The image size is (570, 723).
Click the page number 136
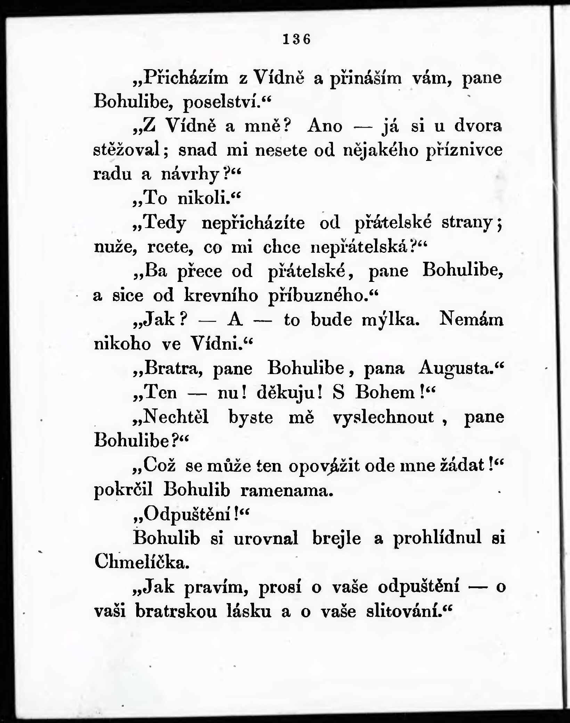click(296, 39)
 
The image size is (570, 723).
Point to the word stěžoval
click(127, 150)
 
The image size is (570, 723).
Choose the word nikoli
click(202, 198)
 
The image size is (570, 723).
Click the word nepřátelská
click(361, 247)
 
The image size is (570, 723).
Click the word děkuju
click(286, 393)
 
